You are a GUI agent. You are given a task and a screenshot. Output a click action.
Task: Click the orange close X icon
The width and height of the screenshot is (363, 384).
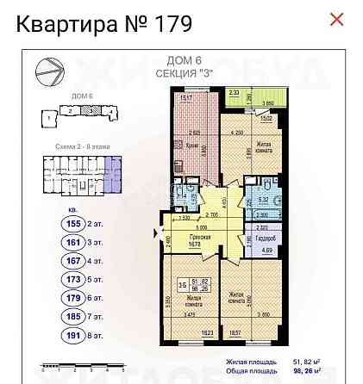337,19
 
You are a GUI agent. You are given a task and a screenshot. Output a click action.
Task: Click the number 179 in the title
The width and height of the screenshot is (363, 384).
169,22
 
